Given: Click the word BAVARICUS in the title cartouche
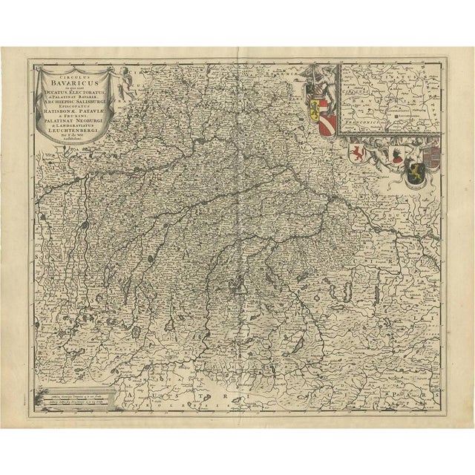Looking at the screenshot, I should coord(78,84).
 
